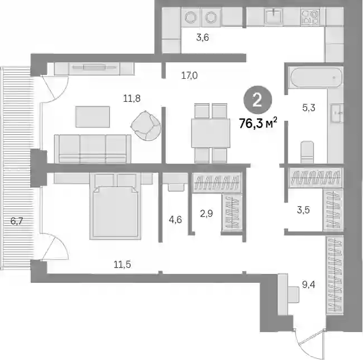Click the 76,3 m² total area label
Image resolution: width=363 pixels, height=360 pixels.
(x=258, y=123)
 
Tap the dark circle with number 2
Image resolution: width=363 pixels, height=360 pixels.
(x=257, y=100)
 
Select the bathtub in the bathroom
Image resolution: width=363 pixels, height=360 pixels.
(x=316, y=77)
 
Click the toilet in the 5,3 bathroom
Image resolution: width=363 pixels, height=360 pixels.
(x=307, y=151)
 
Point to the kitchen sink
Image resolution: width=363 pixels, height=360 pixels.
(x=274, y=16)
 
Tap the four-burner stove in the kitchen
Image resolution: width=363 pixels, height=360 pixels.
(x=311, y=17)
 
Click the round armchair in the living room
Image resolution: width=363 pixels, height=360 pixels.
(x=146, y=125)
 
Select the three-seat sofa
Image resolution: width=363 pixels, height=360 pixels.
(x=93, y=149)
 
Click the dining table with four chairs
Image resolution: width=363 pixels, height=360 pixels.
(x=211, y=132)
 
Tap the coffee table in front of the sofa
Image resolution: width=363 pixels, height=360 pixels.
(x=93, y=117)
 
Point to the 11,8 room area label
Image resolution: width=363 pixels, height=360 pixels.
(x=132, y=99)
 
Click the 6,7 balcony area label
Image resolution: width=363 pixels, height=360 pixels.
(x=17, y=221)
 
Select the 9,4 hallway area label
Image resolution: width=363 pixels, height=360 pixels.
(x=309, y=284)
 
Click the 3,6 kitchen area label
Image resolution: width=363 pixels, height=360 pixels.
(x=203, y=37)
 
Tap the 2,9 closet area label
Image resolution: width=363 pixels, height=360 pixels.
(x=207, y=214)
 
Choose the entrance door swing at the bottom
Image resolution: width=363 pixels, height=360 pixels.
(x=310, y=343)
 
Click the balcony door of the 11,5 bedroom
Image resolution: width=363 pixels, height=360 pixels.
(x=55, y=247)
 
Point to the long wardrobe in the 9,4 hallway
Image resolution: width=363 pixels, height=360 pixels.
(x=335, y=275)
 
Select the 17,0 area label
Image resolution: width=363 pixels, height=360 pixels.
(x=189, y=75)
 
